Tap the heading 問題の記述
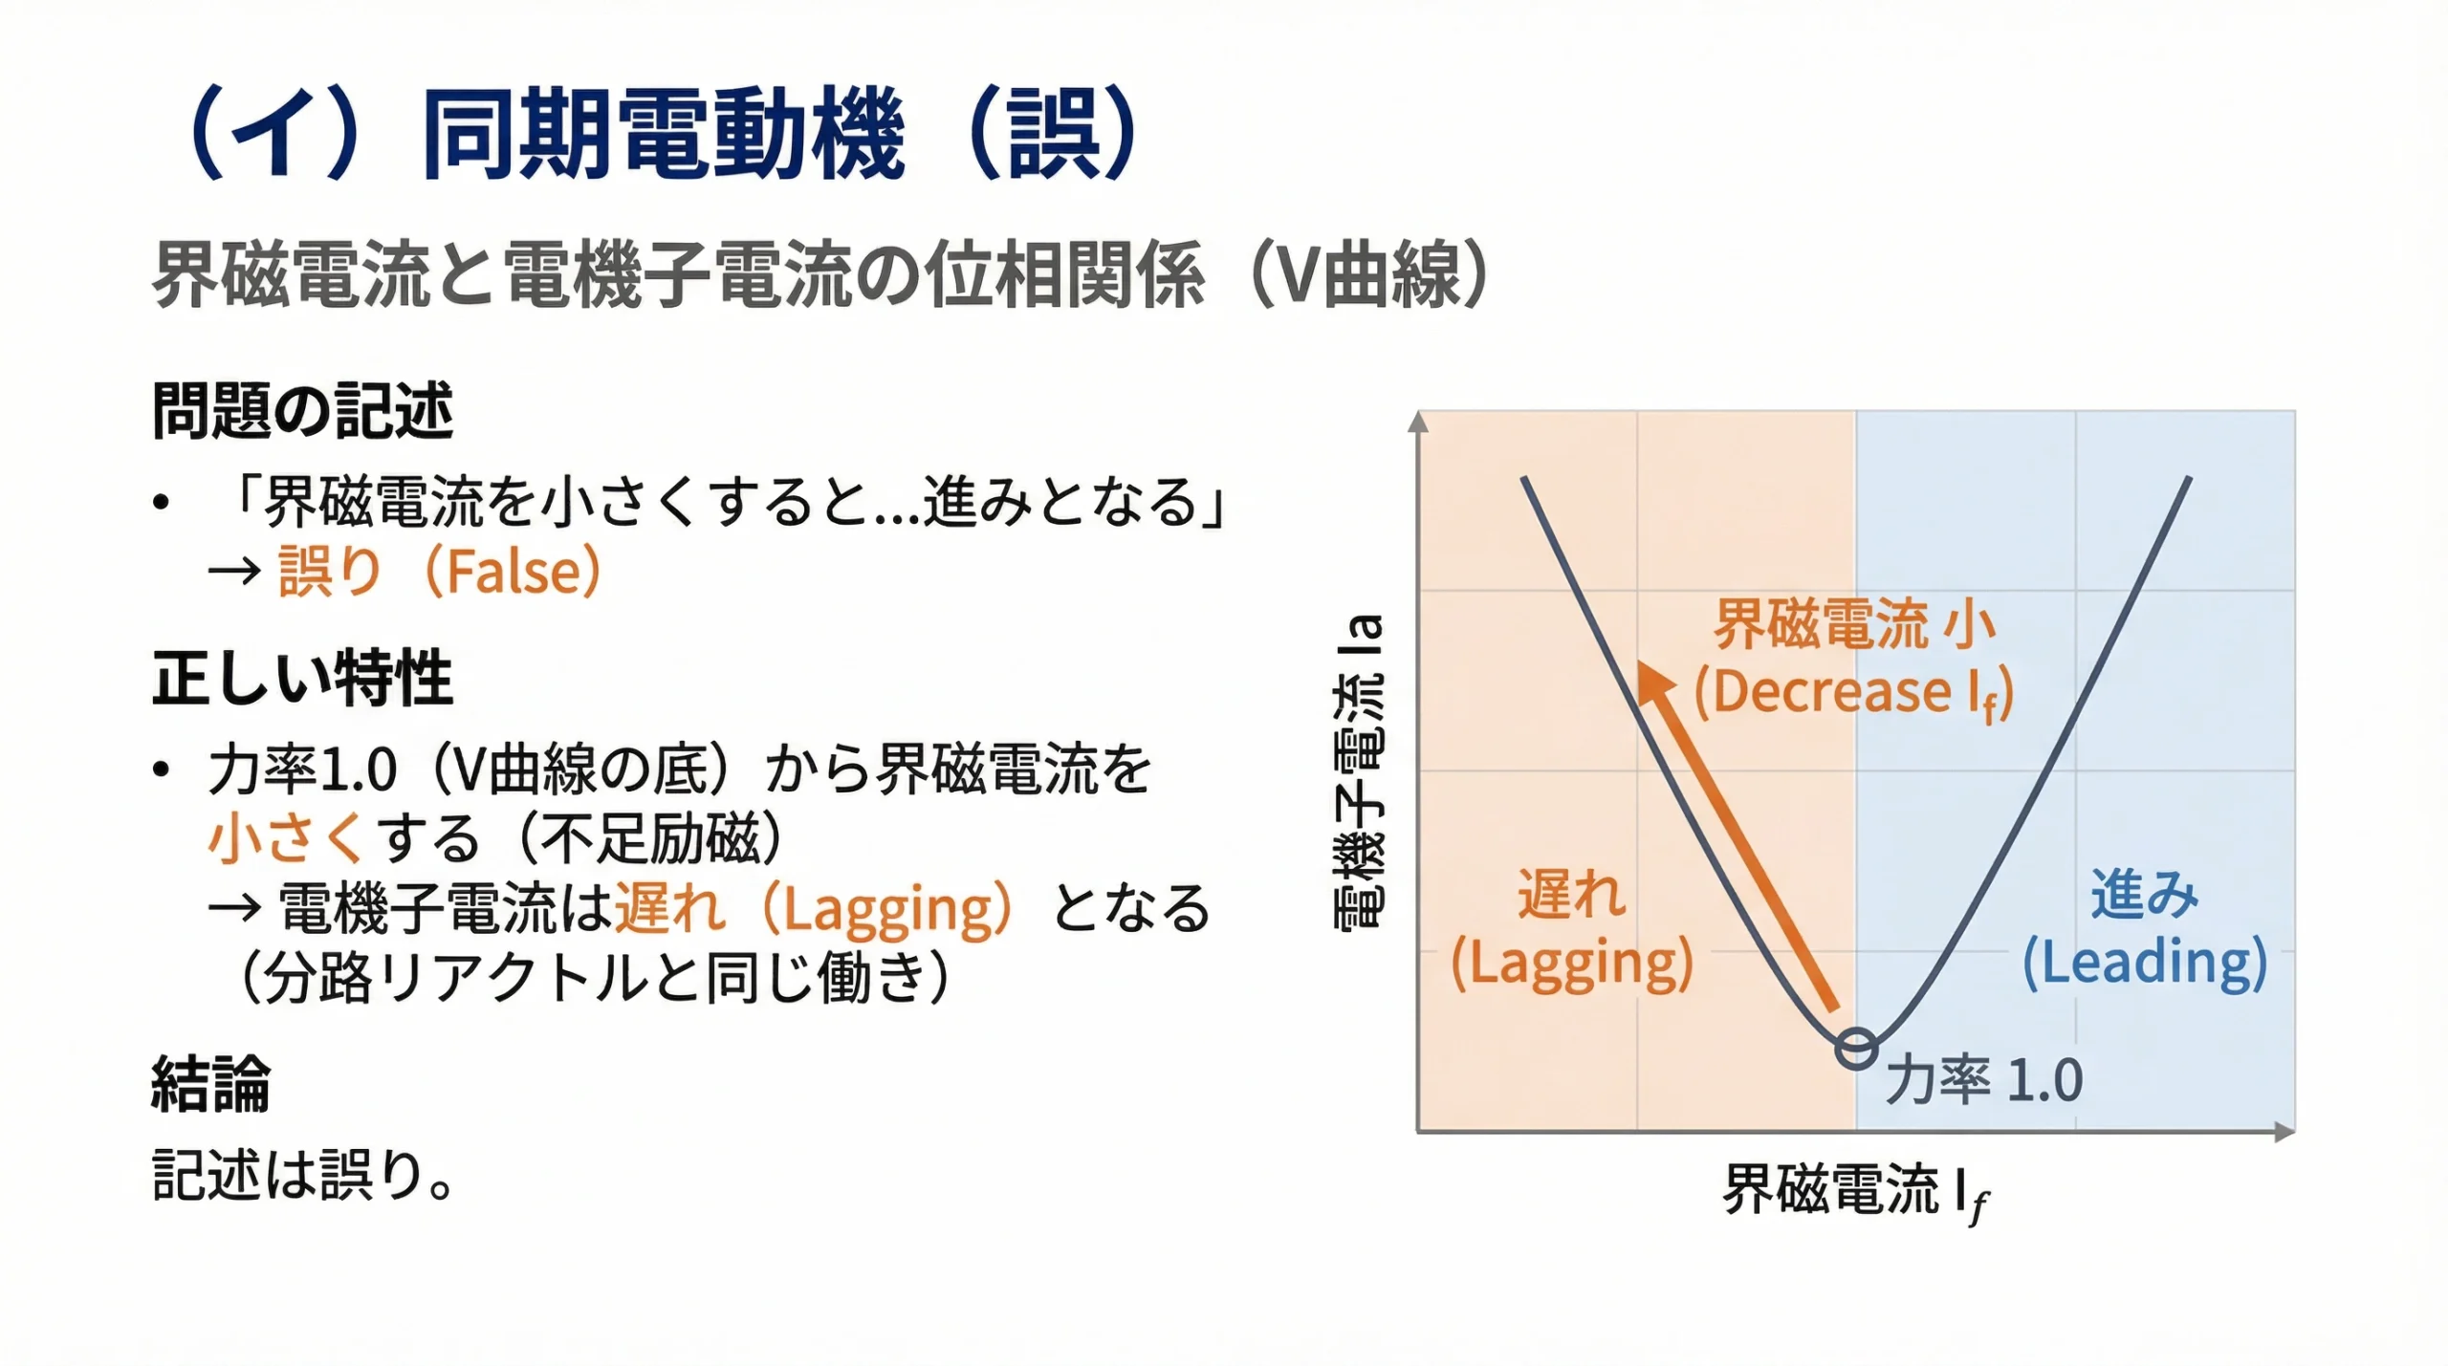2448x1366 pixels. pyautogui.click(x=302, y=411)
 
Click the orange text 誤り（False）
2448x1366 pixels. pyautogui.click(x=439, y=572)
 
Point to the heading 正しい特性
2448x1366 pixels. pyautogui.click(x=302, y=678)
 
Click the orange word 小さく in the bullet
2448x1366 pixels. pyautogui.click(x=285, y=838)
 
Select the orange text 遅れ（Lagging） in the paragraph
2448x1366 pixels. pyautogui.click(x=812, y=908)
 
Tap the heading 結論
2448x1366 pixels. pyautogui.click(x=210, y=1084)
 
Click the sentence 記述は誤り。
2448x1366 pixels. pyautogui.click(x=302, y=1175)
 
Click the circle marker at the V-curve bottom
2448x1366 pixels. pyautogui.click(x=1856, y=1049)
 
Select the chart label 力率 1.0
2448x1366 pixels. pyautogui.click(x=1984, y=1080)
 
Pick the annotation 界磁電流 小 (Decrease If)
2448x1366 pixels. pyautogui.click(x=1854, y=660)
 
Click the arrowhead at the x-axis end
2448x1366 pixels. pyautogui.click(x=2284, y=1133)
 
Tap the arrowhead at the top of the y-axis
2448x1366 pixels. pyautogui.click(x=1419, y=423)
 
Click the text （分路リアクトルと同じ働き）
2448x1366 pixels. pyautogui.click(x=594, y=978)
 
